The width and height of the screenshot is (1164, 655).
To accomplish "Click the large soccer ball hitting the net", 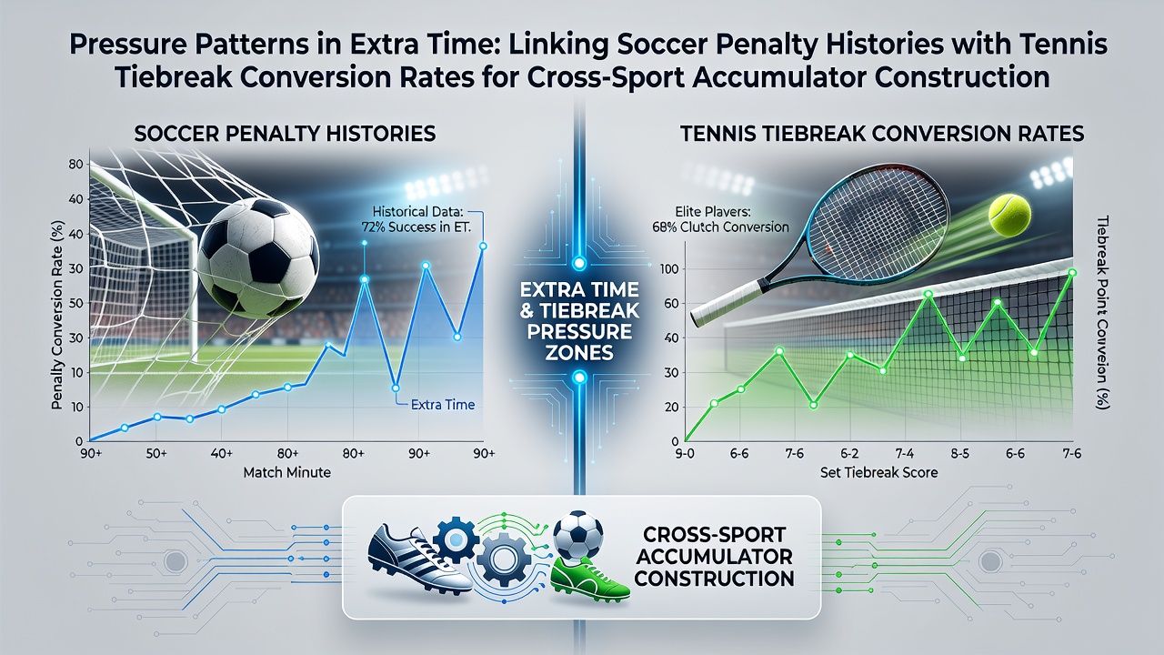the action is coord(258,258).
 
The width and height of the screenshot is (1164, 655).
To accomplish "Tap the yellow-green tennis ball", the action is coord(1009,216).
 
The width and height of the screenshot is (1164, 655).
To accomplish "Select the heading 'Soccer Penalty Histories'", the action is coord(285,134).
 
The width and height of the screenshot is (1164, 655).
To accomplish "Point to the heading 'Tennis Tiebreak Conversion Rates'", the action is coord(882,134).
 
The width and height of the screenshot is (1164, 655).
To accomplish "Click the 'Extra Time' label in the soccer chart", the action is coord(443,405).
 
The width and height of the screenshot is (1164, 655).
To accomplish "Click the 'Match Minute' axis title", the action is coord(286,472).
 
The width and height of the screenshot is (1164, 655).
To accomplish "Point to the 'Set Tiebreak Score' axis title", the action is coord(879,472).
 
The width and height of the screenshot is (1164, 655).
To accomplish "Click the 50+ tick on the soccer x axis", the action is coord(156,453).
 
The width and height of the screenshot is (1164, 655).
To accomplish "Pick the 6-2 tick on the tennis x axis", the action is coord(849,454).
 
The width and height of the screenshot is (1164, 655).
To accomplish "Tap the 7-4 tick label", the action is coord(905,454).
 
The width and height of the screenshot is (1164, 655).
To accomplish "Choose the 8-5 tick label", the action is coord(959,454).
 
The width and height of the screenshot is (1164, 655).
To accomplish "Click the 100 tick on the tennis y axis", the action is coord(670,269).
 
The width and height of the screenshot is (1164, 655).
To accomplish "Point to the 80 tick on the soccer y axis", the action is coord(75,165).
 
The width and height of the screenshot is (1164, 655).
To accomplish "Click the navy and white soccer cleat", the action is coord(419,559).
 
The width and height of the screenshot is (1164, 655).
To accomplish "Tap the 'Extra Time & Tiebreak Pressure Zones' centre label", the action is coord(579,321).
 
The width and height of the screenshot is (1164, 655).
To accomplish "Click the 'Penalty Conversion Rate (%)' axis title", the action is coord(58,315).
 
